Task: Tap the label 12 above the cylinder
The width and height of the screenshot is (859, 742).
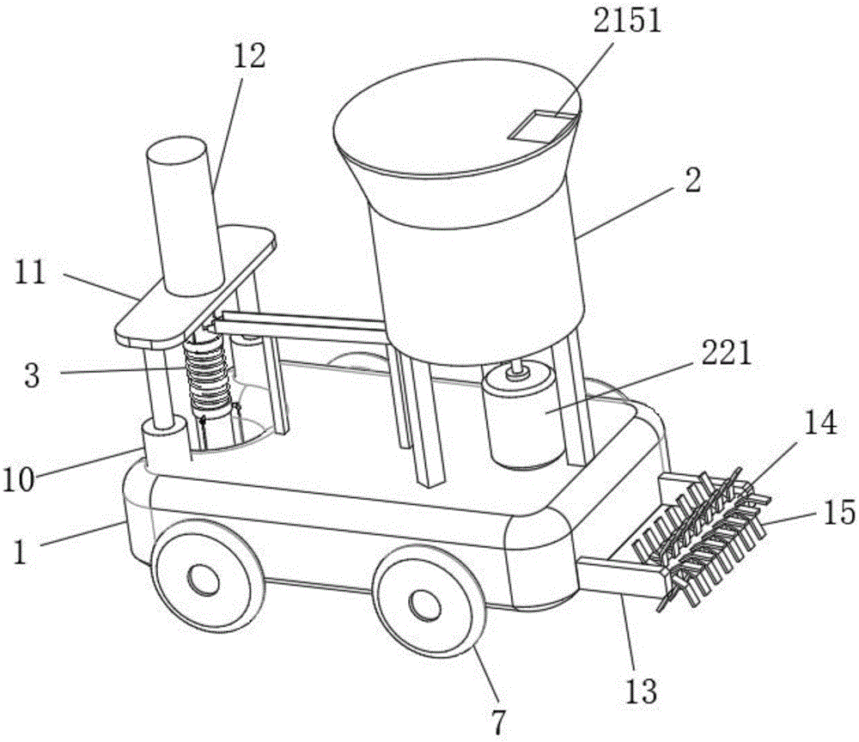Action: [247, 58]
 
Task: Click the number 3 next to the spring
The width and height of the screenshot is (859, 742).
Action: [33, 375]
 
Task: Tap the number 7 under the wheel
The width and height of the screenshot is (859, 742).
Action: [497, 718]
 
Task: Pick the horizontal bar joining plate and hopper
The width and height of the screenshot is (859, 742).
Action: [301, 325]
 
